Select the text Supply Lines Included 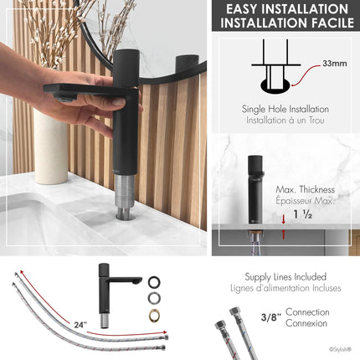(x=285, y=276)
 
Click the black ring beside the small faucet (x=155, y=282)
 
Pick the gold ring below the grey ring (x=155, y=315)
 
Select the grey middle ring (x=155, y=298)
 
